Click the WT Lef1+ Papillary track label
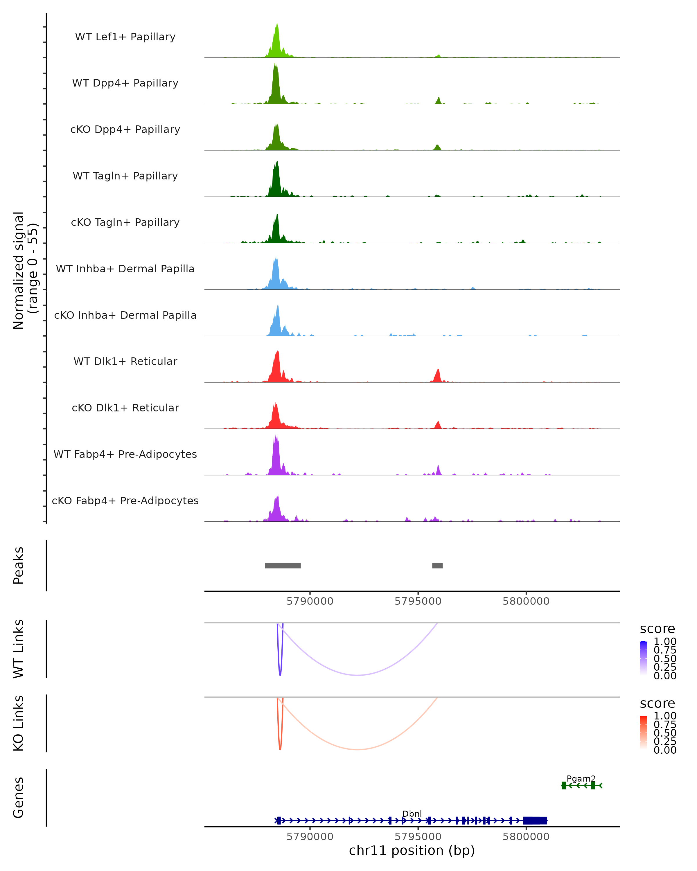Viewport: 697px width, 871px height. tap(125, 37)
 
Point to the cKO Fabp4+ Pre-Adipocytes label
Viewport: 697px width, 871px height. tap(125, 501)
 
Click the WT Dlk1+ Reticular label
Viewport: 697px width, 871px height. tap(125, 361)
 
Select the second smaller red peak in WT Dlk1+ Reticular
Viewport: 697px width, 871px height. tap(437, 376)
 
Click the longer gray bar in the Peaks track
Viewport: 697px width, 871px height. tap(283, 566)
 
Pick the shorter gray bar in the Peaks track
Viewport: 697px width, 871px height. tap(437, 566)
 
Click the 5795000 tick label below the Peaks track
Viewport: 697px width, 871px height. tap(418, 601)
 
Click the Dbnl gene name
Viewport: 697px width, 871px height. tap(412, 814)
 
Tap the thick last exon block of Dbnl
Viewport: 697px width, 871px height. tap(535, 820)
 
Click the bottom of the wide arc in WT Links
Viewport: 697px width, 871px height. tap(358, 675)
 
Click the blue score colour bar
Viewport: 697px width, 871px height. tap(643, 658)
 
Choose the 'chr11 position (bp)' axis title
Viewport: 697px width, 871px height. tap(412, 851)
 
